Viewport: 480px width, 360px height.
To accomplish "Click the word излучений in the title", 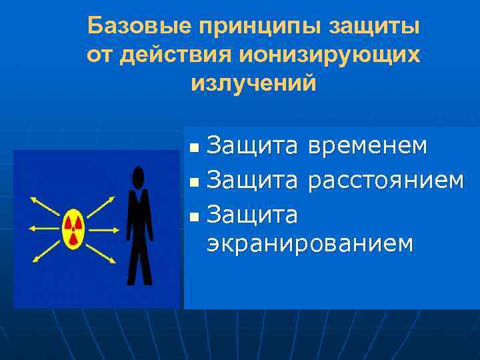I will tap(253, 84).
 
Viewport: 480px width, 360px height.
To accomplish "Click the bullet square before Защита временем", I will tap(193, 147).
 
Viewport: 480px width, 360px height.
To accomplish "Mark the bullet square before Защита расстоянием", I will tap(193, 180).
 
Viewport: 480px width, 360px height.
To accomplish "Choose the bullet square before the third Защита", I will tap(193, 215).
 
